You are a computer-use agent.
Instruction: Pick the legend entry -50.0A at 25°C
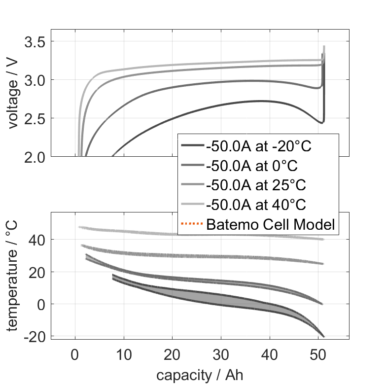coord(256,185)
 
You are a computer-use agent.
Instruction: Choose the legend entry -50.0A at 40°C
coord(256,205)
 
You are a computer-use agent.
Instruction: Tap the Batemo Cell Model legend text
coord(271,225)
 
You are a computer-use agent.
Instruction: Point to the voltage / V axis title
coord(13,94)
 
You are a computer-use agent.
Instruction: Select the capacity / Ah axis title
coord(200,375)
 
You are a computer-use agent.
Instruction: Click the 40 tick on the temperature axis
coord(38,240)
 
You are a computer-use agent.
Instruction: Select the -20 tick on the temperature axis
coord(35,336)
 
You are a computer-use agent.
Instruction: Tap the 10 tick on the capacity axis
coord(124,354)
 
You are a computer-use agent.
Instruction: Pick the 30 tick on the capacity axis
coord(221,354)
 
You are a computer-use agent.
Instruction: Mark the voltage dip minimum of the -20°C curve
coord(321,122)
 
